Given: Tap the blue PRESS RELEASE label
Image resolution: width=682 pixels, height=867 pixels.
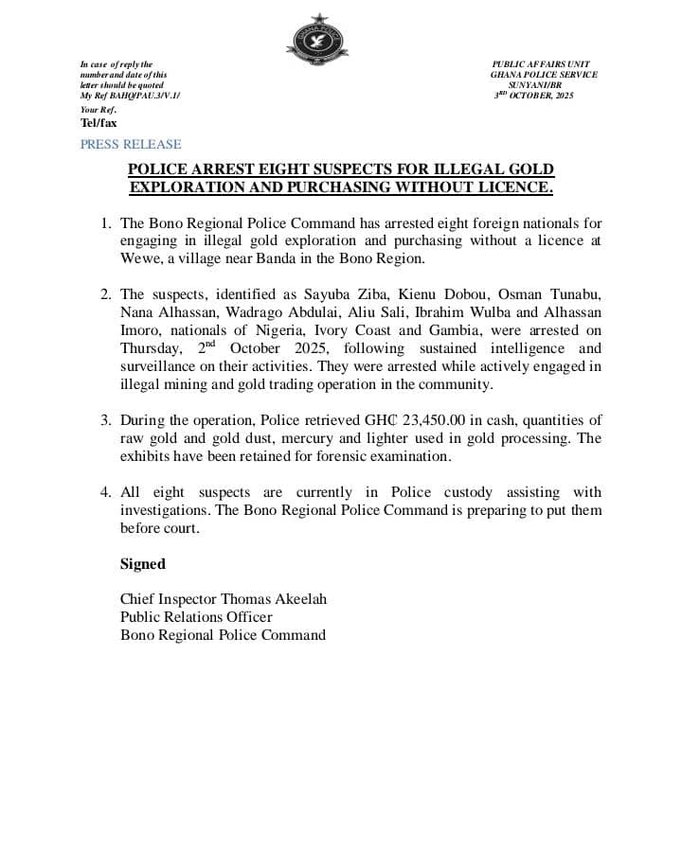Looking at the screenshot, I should [x=130, y=145].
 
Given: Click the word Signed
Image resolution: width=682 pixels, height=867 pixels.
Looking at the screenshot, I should [x=142, y=564].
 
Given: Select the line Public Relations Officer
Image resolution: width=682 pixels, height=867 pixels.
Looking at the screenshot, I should [x=196, y=617].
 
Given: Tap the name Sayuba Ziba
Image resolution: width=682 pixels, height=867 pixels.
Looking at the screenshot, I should [x=344, y=294].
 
